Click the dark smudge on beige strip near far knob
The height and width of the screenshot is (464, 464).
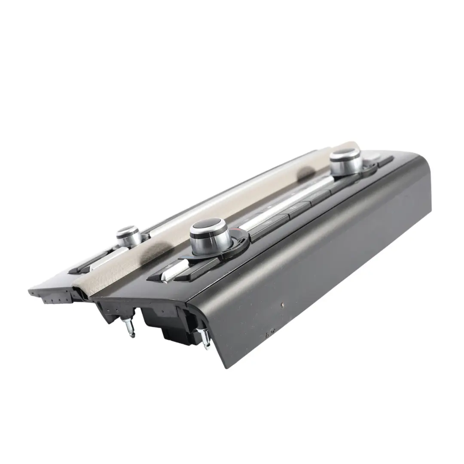[x=306, y=173]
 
